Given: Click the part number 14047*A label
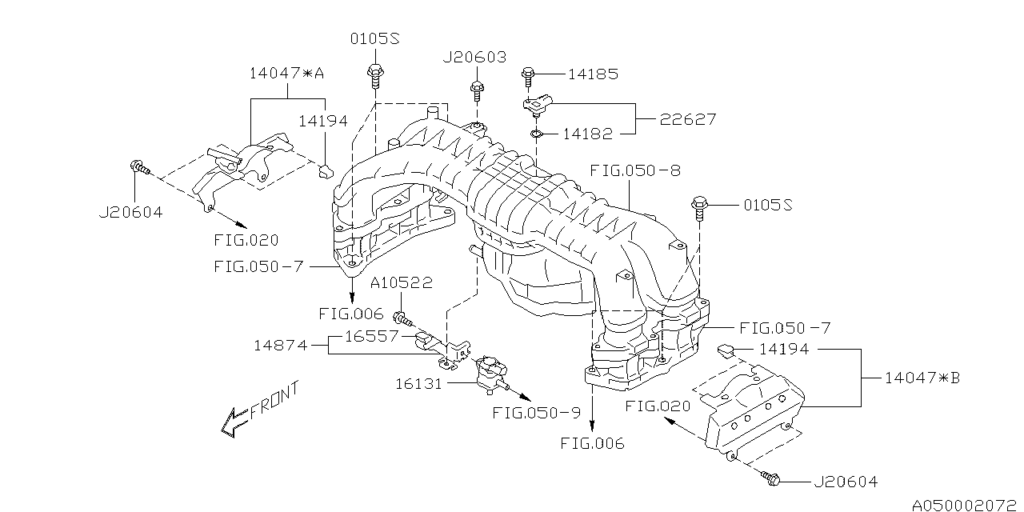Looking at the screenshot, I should tap(286, 74).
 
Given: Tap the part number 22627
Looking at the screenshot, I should tap(687, 119).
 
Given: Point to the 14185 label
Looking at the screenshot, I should tap(593, 74).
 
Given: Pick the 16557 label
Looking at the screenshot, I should tap(371, 337).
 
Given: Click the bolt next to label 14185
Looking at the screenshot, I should tap(528, 78).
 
